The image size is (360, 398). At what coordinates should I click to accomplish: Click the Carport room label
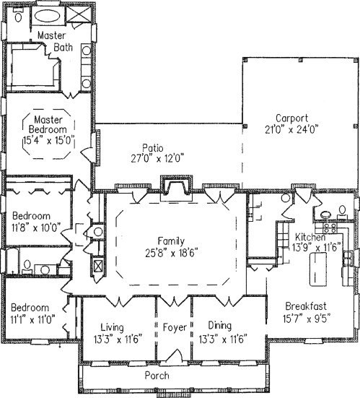[x=291, y=118]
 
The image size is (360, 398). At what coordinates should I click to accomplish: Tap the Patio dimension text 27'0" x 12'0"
[x=157, y=159]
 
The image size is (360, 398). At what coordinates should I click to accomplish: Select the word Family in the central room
[x=171, y=241]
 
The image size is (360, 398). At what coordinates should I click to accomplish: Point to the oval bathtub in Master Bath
[x=48, y=17]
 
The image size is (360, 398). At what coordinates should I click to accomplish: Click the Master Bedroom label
[x=48, y=124]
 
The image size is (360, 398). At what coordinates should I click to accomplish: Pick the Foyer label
[x=175, y=327]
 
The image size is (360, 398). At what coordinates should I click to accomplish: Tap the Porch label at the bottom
[x=157, y=375]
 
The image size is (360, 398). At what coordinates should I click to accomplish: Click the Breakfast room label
[x=306, y=306]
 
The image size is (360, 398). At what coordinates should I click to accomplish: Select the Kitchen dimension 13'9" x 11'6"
[x=317, y=247]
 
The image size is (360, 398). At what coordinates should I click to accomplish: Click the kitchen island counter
[x=318, y=269]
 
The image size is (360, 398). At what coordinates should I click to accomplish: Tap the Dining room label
[x=220, y=326]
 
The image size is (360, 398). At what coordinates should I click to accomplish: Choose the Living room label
[x=113, y=327]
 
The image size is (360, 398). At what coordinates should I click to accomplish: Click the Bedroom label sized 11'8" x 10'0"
[x=32, y=216]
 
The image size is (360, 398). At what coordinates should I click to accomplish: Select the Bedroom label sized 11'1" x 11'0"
[x=30, y=308]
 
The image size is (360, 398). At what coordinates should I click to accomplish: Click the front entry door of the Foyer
[x=175, y=355]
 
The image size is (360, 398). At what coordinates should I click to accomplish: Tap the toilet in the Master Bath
[x=18, y=16]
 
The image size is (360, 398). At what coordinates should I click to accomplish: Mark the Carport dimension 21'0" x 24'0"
[x=291, y=129]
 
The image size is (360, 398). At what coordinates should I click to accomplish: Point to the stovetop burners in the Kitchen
[x=330, y=228]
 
